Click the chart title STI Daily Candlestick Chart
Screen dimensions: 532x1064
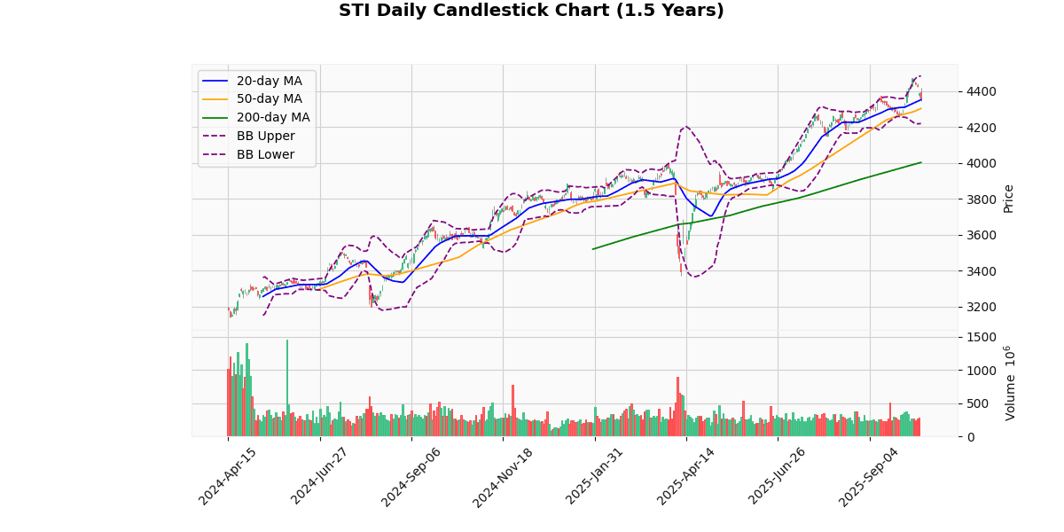tap(531, 11)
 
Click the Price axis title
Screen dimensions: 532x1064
tap(1008, 199)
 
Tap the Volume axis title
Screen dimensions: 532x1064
tap(1009, 383)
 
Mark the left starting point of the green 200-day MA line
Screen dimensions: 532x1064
tap(593, 248)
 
